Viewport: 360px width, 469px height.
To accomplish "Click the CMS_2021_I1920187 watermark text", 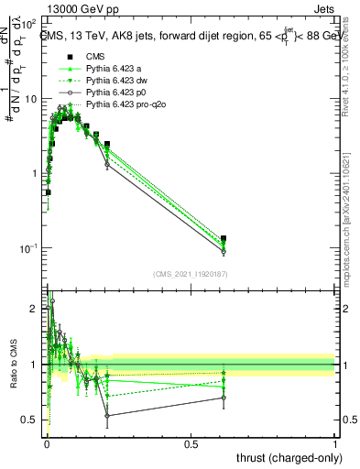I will (191, 274).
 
